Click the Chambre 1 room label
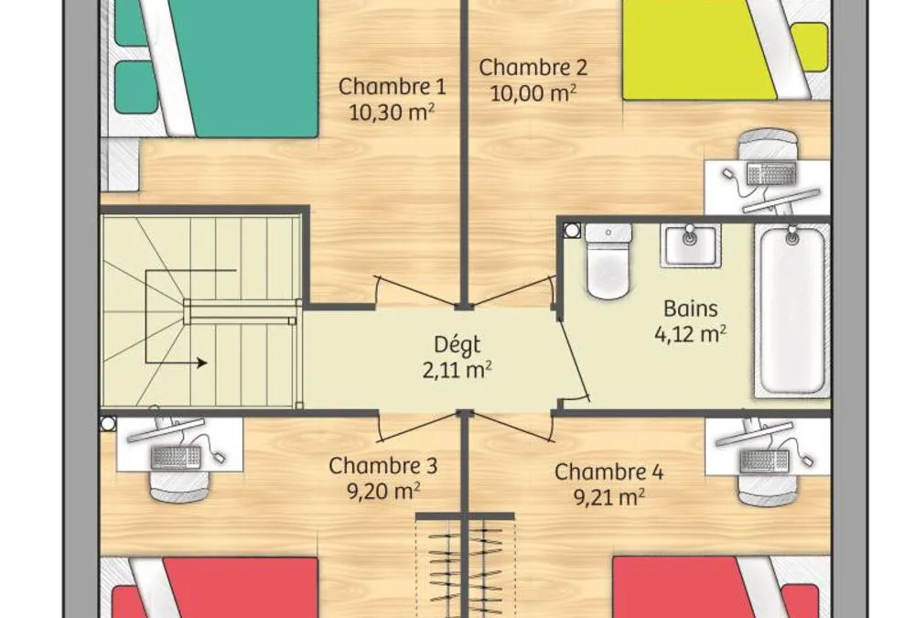point(393,86)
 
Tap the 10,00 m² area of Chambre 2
point(533,92)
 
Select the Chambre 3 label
point(382,466)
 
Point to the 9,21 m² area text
point(608,497)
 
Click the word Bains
point(690,309)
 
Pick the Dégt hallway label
point(457,345)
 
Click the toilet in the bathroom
point(608,261)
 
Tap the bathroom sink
point(690,245)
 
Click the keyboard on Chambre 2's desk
point(771,173)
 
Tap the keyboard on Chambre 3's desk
point(177,457)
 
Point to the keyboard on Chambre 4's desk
point(764,461)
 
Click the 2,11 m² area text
point(457,370)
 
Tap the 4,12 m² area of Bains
point(690,334)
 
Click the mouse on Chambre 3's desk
point(219,456)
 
